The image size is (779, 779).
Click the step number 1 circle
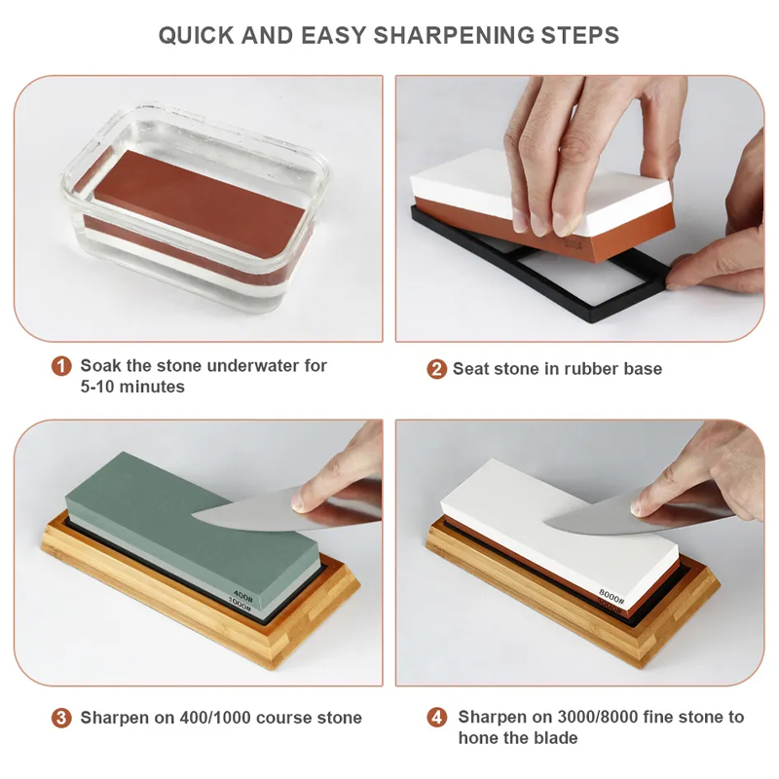[61, 366]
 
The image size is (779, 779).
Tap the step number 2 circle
[436, 369]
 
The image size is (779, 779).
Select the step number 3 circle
[61, 718]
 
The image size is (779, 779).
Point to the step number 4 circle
[436, 718]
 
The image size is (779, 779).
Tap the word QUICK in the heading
[197, 36]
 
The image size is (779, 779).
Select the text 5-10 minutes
[132, 387]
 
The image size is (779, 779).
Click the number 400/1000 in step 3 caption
[215, 718]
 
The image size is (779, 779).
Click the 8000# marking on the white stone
[612, 595]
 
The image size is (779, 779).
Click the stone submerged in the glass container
[199, 204]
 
